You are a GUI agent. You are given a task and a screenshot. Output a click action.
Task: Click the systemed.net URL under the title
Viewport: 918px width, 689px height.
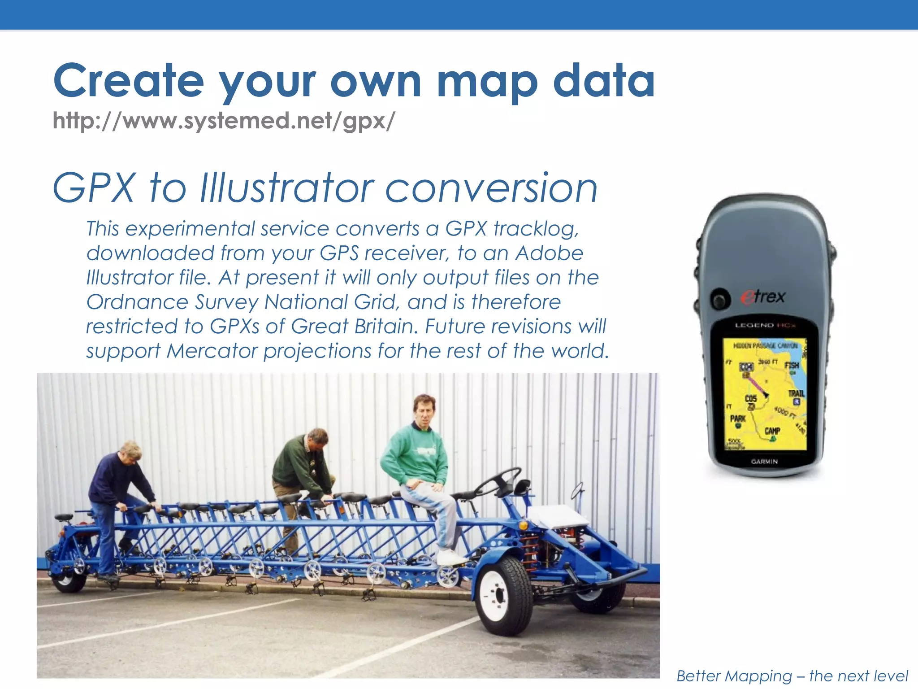[224, 121]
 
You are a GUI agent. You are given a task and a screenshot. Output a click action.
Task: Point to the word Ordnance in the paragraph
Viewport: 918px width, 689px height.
[137, 302]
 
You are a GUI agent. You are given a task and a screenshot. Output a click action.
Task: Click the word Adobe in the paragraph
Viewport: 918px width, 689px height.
[549, 253]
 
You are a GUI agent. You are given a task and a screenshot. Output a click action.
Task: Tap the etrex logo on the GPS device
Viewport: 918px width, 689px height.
[763, 297]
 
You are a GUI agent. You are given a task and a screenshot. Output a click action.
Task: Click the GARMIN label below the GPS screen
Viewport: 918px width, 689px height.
[764, 461]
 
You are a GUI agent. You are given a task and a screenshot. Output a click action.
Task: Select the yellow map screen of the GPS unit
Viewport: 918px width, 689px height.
[765, 394]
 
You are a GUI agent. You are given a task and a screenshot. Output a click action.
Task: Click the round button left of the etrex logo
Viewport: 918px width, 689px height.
[719, 300]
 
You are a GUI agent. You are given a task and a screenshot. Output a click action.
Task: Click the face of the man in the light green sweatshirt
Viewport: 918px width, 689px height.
[424, 412]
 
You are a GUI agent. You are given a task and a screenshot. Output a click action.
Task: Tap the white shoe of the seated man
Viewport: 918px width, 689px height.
[450, 558]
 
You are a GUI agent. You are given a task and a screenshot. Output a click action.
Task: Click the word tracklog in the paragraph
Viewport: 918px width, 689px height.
[536, 229]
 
